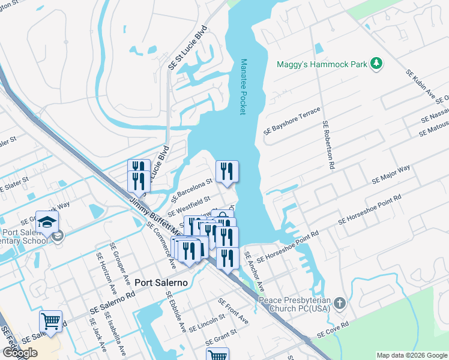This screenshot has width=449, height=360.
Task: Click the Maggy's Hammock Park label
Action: point(321,64)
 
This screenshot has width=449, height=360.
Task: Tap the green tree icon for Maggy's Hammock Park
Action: point(376,64)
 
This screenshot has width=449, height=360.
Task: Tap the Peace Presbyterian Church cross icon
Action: point(340,302)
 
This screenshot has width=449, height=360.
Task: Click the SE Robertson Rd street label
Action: point(328,145)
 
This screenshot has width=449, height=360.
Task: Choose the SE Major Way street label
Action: point(391,174)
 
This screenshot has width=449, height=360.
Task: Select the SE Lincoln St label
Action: point(206,323)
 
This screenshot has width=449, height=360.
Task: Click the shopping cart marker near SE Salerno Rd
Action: point(50,320)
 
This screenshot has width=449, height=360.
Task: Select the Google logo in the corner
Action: point(20,353)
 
